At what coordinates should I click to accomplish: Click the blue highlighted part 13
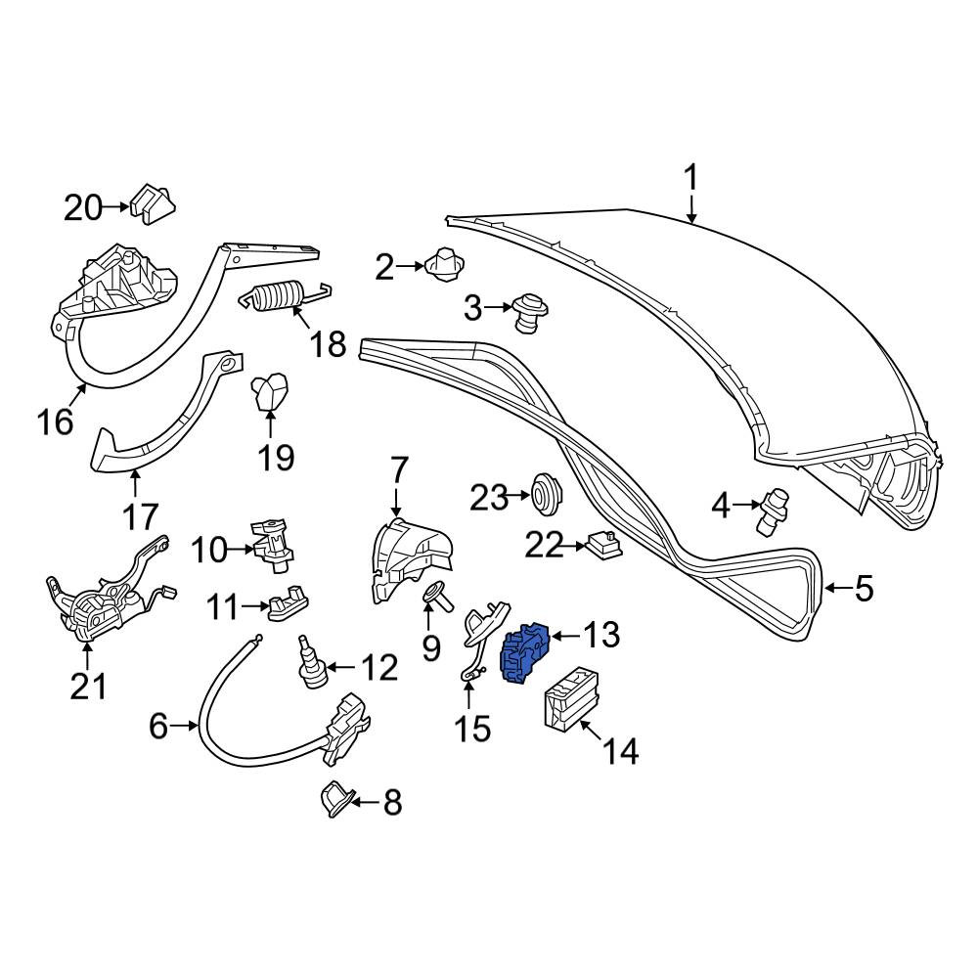point(525,653)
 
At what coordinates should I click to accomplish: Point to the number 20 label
point(82,207)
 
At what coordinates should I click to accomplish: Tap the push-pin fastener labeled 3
point(530,314)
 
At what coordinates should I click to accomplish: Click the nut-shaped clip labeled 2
point(444,266)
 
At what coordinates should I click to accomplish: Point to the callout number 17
point(141,517)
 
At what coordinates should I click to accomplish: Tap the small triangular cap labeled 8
point(337,798)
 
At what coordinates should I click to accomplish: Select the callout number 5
point(864,588)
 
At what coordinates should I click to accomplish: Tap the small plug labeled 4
point(773,511)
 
